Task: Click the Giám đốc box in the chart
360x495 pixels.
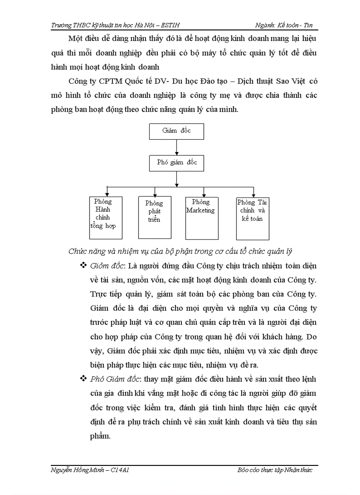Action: pyautogui.click(x=176, y=131)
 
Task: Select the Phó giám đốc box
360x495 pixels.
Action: pyautogui.click(x=176, y=163)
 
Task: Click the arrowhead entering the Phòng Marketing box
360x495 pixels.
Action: pyautogui.click(x=203, y=195)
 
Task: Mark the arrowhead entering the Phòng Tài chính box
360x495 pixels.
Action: pyautogui.click(x=253, y=195)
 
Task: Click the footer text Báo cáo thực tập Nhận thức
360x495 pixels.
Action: pyautogui.click(x=274, y=470)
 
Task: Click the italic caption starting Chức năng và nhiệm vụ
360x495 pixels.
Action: pyautogui.click(x=180, y=251)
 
